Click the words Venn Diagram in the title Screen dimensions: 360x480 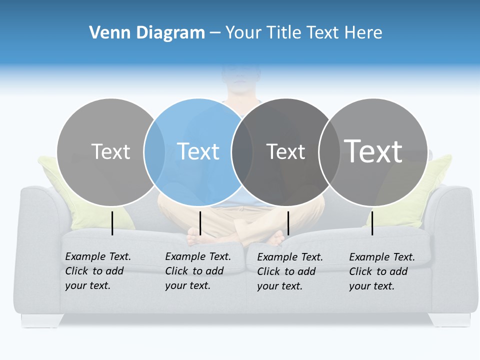[147, 33]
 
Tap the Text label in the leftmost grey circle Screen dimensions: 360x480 [110, 151]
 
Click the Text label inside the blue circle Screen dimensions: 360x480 [198, 151]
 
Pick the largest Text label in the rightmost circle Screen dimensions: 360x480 [373, 151]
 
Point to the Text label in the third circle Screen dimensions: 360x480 [285, 151]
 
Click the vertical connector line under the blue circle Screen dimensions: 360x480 [200, 223]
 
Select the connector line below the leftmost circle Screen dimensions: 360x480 [112, 223]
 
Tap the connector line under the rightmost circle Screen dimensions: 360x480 [372, 223]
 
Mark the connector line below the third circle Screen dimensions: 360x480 [288, 223]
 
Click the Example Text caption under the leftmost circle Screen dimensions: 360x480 [98, 271]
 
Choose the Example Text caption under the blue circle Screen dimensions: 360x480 [198, 271]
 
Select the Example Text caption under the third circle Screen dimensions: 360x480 [290, 271]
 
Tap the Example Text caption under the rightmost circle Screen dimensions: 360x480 [382, 271]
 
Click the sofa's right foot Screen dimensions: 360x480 [449, 319]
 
